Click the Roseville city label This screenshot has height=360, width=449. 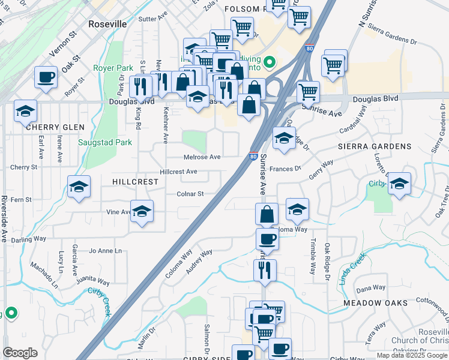click(x=107, y=24)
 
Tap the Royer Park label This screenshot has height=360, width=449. click(x=113, y=68)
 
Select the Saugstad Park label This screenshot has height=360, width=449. click(x=105, y=143)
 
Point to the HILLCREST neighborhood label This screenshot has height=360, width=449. click(x=135, y=181)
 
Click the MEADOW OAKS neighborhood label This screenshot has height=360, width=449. click(x=376, y=304)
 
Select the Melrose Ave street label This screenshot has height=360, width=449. click(x=203, y=157)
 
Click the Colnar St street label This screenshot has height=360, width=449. click(x=190, y=194)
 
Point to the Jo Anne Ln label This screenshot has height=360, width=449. click(x=105, y=251)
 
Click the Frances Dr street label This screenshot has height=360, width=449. click(x=285, y=169)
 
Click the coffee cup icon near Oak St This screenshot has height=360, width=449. click(x=46, y=77)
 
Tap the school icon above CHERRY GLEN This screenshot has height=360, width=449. click(x=25, y=111)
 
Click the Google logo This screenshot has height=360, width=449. click(x=20, y=353)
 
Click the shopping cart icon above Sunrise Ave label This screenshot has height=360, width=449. click(x=308, y=92)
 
